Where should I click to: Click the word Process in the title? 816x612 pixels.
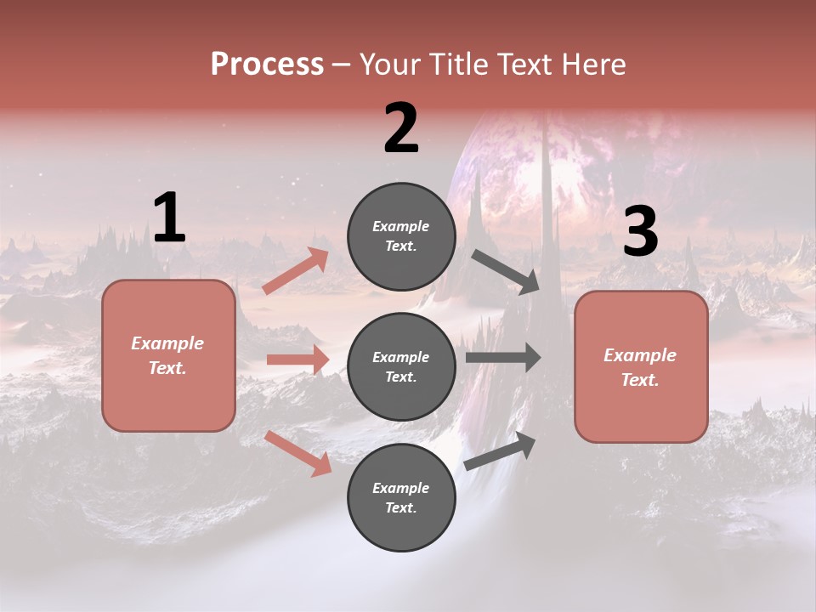pyautogui.click(x=267, y=65)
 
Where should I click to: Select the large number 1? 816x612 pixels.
pyautogui.click(x=169, y=218)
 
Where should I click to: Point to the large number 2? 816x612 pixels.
pyautogui.click(x=401, y=129)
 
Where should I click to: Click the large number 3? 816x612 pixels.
pyautogui.click(x=640, y=233)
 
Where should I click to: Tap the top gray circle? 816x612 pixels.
pyautogui.click(x=401, y=236)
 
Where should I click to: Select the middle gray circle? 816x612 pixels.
pyautogui.click(x=401, y=366)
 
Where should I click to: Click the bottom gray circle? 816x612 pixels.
pyautogui.click(x=401, y=497)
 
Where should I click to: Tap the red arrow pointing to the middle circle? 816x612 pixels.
pyautogui.click(x=297, y=360)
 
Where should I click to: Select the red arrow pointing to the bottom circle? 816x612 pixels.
pyautogui.click(x=298, y=453)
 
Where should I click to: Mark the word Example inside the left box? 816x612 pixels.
pyautogui.click(x=167, y=343)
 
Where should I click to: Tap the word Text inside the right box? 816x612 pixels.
pyautogui.click(x=639, y=380)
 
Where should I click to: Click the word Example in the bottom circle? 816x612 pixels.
pyautogui.click(x=401, y=488)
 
